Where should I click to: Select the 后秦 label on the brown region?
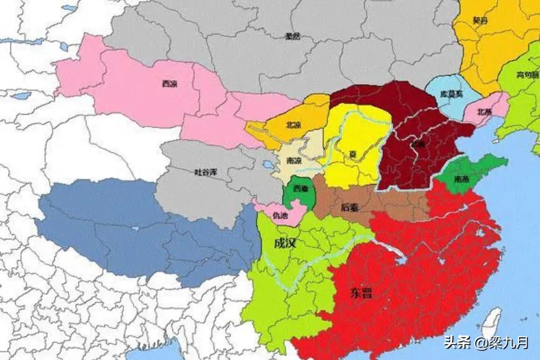coord(350,208)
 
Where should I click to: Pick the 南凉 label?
coord(293,160)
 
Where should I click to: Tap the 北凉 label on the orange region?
coord(293,125)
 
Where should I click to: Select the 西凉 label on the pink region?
coord(170,83)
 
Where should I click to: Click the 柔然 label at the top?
coord(293,37)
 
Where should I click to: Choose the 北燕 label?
coord(484,112)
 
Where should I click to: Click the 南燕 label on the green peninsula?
coord(462,177)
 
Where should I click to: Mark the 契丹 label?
coord(481,21)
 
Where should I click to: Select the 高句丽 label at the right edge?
coord(527,74)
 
